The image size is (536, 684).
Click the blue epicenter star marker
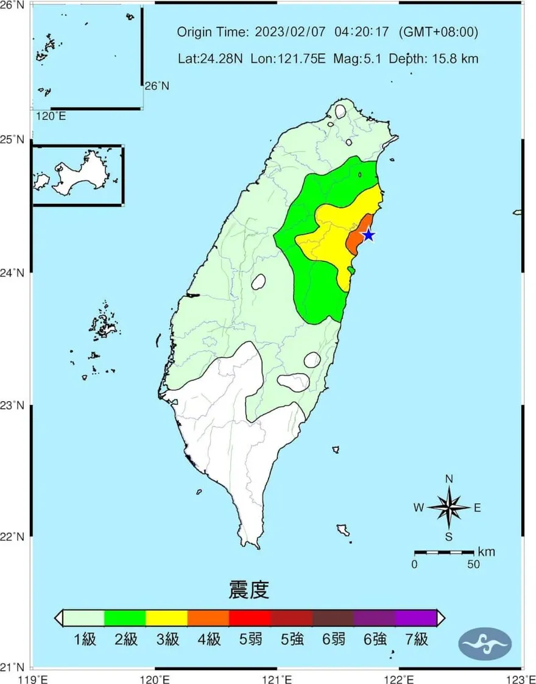coord(368,235)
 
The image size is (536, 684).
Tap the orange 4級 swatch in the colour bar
coord(208,618)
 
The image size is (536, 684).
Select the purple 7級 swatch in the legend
coord(416,618)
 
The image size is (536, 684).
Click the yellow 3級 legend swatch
coord(166,618)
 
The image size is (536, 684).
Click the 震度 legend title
coord(249,590)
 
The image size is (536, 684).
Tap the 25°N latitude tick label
coord(13,140)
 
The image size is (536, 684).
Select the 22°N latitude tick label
coord(13,537)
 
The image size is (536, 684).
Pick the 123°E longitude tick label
coord(523,677)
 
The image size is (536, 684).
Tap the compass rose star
coord(449,507)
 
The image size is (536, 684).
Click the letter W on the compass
coord(419,507)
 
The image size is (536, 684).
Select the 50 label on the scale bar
coord(473,565)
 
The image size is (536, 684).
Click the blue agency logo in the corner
coord(485,643)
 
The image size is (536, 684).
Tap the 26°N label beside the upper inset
coord(157,86)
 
